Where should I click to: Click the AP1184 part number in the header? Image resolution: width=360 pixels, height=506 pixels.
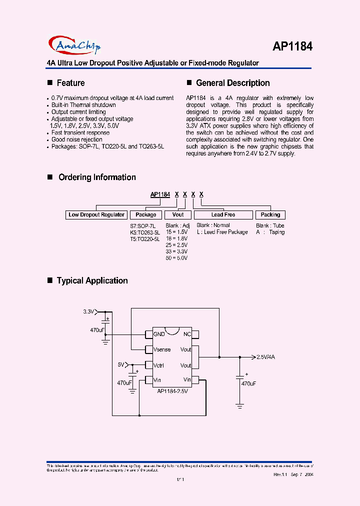click(x=292, y=46)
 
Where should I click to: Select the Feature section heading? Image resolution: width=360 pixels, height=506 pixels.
click(x=70, y=83)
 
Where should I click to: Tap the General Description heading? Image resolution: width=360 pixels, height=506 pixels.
click(x=232, y=83)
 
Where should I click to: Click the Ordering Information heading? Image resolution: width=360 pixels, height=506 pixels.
click(x=97, y=177)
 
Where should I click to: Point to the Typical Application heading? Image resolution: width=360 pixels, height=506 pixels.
click(x=92, y=280)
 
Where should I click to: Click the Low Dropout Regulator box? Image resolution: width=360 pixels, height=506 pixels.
click(x=96, y=214)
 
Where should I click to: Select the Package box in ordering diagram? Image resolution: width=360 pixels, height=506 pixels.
click(x=146, y=214)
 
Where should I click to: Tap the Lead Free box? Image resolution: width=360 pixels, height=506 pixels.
click(x=223, y=214)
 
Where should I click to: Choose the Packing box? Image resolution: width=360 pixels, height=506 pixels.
click(x=270, y=214)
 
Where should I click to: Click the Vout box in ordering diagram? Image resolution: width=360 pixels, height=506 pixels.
click(x=178, y=214)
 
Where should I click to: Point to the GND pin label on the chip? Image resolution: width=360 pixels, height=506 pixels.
click(x=159, y=334)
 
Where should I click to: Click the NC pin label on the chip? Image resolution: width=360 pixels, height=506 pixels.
click(x=187, y=334)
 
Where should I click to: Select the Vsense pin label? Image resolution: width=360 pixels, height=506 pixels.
click(x=161, y=349)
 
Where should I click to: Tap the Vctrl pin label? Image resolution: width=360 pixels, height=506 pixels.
click(x=159, y=365)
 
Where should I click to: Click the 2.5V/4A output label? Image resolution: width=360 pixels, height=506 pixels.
click(x=265, y=357)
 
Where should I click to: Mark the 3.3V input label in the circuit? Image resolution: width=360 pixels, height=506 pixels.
click(x=88, y=311)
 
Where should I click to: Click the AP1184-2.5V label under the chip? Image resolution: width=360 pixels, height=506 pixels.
click(x=172, y=391)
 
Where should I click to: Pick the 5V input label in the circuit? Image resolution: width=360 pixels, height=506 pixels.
click(x=121, y=364)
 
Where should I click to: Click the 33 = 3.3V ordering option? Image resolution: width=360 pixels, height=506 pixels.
click(x=176, y=251)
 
